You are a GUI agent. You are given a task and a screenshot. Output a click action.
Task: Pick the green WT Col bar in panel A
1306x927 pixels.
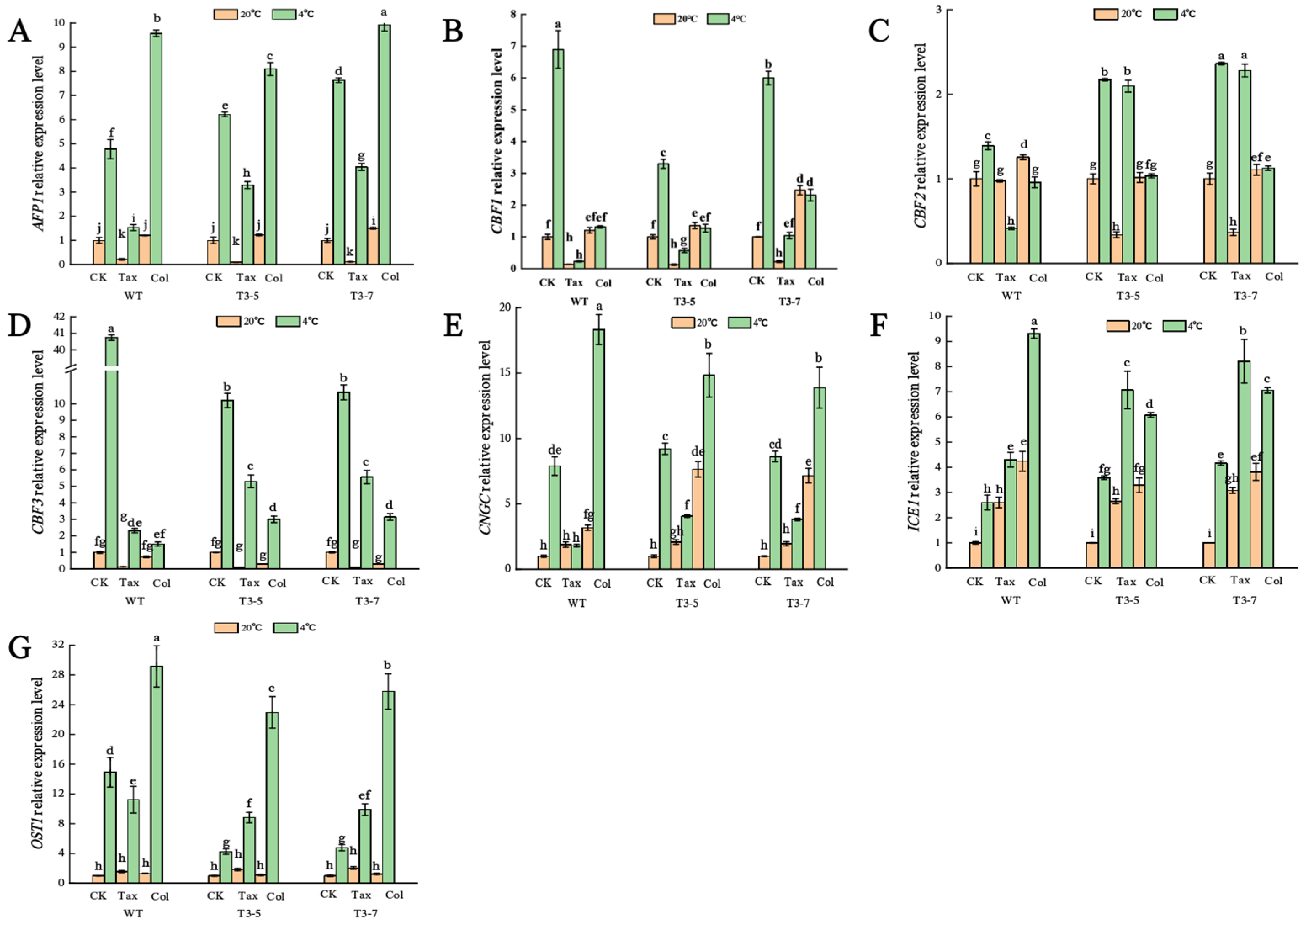pyautogui.click(x=157, y=148)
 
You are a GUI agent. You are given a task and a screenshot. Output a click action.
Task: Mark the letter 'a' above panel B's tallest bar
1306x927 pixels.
pyautogui.click(x=558, y=24)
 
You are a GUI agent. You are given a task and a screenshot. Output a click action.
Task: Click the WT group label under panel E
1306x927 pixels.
pyautogui.click(x=577, y=603)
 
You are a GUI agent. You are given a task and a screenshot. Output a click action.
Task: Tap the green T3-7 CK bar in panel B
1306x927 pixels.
pyautogui.click(x=769, y=173)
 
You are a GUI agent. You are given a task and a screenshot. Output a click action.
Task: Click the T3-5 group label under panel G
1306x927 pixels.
pyautogui.click(x=249, y=913)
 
